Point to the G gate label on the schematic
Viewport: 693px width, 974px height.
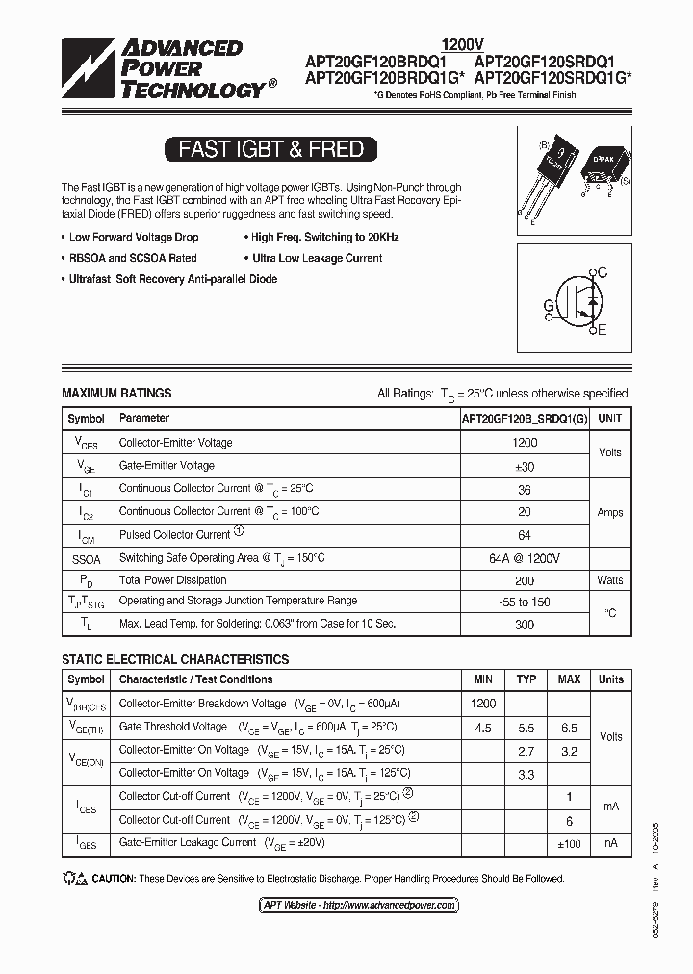pos(549,306)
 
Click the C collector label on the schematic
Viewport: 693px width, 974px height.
pos(603,273)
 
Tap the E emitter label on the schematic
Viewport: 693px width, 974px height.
pos(602,331)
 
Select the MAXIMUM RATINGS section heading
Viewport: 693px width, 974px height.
pos(116,393)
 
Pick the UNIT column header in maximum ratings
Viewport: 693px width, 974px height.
pos(609,419)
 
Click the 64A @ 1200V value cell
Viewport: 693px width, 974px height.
pos(525,558)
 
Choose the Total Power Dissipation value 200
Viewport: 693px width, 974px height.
pos(525,580)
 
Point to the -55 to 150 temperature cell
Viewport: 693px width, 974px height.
pos(525,602)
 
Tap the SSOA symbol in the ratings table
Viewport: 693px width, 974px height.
pos(86,558)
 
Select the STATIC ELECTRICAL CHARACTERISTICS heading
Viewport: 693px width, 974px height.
pos(175,659)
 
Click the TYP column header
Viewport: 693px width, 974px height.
pos(526,679)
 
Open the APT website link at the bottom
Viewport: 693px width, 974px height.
pos(358,905)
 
